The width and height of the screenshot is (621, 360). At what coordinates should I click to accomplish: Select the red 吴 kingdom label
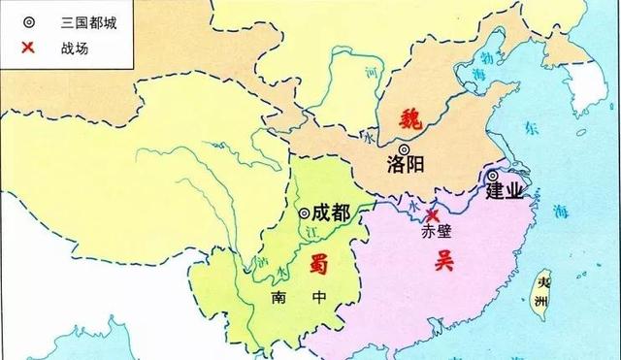click(x=445, y=258)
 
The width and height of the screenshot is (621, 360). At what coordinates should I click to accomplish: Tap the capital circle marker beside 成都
click(x=304, y=213)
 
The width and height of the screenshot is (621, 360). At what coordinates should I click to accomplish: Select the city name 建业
click(x=505, y=191)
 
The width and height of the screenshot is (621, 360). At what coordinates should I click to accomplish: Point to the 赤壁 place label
click(x=438, y=233)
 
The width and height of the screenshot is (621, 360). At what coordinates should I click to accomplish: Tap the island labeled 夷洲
click(x=544, y=291)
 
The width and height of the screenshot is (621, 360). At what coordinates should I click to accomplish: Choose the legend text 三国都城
click(x=84, y=21)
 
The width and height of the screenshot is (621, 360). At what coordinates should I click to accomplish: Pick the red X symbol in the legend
click(x=30, y=47)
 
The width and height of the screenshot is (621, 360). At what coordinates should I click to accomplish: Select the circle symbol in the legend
click(x=30, y=21)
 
